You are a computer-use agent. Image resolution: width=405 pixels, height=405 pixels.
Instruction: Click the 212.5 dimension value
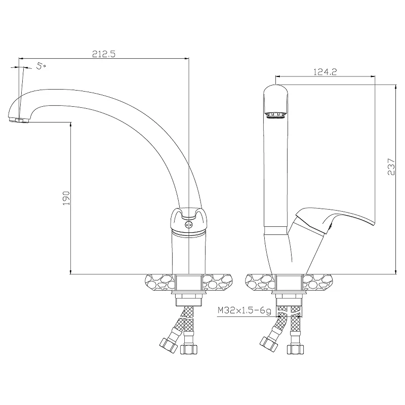[x=104, y=54]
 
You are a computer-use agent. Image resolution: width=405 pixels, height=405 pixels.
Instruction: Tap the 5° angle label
[x=41, y=66]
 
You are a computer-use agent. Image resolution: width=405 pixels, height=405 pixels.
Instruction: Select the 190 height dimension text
[x=66, y=198]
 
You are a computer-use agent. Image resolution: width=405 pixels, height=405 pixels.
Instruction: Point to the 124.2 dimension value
[x=325, y=71]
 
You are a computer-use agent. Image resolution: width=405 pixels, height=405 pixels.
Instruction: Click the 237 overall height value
[x=391, y=167]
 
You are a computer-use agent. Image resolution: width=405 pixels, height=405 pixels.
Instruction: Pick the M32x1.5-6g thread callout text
[x=245, y=310]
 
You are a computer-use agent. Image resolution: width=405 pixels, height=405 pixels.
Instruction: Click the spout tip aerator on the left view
[x=19, y=120]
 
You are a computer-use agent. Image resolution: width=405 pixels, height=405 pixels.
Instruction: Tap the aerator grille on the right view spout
[x=276, y=115]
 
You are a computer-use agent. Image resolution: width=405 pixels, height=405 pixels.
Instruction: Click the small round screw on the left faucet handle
[x=188, y=225]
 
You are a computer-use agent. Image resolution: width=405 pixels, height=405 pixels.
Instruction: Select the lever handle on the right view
[x=333, y=220]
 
